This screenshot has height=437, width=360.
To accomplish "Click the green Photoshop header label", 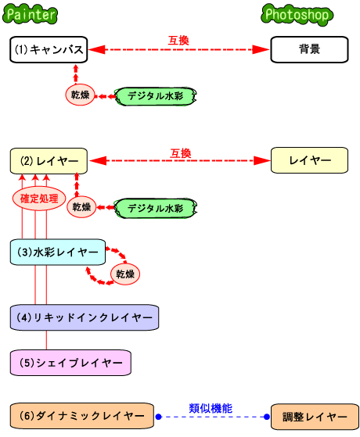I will (x=297, y=15).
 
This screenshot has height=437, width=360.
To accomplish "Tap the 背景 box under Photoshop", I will (x=309, y=49).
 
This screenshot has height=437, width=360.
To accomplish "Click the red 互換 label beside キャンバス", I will (x=178, y=40).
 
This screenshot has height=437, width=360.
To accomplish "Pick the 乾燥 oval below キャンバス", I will (x=80, y=95).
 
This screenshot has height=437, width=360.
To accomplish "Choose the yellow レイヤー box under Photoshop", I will (x=309, y=161).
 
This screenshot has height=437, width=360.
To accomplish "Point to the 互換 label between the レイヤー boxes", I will (x=180, y=153).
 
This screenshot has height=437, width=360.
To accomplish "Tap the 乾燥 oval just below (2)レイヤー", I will (x=81, y=207).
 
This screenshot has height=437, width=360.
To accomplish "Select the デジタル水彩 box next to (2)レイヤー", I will (x=155, y=208).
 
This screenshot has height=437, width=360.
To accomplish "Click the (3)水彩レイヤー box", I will (x=58, y=253).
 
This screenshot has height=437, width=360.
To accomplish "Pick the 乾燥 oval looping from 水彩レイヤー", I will (x=125, y=274).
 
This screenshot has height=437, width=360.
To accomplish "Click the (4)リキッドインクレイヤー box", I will (x=85, y=317).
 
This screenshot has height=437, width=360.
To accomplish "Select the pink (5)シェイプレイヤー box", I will (x=70, y=363).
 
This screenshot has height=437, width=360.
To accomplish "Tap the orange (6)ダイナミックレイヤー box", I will (x=81, y=417).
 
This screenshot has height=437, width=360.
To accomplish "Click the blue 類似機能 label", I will (x=211, y=408).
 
